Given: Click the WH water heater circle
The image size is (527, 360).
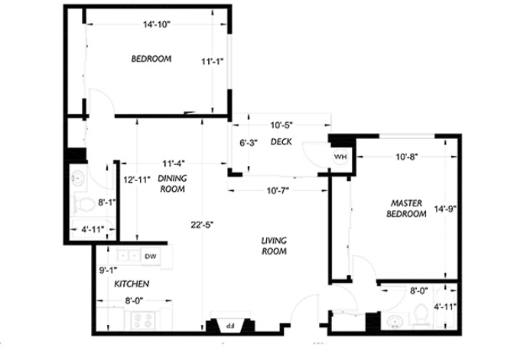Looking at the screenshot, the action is pos(340,157).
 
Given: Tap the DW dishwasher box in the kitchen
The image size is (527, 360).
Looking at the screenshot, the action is pos(150,257).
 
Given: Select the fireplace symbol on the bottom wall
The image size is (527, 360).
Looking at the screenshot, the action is pos(230,324).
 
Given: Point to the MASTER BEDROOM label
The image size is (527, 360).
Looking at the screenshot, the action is pos(406,209).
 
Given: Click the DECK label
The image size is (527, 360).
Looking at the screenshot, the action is pos(281,142).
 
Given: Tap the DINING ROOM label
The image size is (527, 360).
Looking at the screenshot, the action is pos(172,183).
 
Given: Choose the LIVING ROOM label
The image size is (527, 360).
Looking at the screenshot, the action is pos(275,246).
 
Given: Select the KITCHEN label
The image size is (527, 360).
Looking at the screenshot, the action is pos(132,284).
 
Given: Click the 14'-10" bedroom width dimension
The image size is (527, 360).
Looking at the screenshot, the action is pos(157,24).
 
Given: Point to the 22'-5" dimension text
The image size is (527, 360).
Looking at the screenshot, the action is pos(203,225).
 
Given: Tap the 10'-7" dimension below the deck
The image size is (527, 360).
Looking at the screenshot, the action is pos(278,191).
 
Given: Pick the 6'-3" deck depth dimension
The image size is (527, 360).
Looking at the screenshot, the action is pos(249,143).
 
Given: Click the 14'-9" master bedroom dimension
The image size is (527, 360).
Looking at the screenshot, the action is pos(445,209).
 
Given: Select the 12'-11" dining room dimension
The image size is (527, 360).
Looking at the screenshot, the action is pos(137,180).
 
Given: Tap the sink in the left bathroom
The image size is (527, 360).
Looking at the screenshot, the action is pos(78,177).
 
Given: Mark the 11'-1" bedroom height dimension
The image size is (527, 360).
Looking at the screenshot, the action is pos(213,62).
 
